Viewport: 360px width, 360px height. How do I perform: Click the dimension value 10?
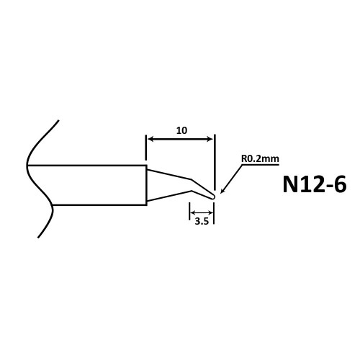click(x=181, y=130)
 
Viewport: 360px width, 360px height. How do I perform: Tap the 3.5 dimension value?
click(x=202, y=221)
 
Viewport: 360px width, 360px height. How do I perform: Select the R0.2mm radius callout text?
click(x=260, y=158)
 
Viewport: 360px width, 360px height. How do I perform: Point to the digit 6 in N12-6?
click(x=340, y=184)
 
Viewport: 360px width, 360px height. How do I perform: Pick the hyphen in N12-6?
click(x=327, y=186)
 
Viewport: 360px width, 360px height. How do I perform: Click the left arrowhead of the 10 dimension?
click(x=150, y=139)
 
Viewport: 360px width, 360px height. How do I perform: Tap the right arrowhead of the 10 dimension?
click(x=210, y=139)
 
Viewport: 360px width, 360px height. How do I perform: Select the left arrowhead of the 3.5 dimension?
click(x=193, y=212)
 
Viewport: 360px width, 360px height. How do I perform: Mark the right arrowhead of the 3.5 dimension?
click(x=210, y=212)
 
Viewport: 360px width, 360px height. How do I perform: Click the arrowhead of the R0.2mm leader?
click(x=222, y=191)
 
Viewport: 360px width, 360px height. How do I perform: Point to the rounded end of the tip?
click(x=212, y=197)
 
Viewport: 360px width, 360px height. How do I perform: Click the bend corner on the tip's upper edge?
click(x=191, y=179)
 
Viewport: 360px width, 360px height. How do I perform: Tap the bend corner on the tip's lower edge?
click(x=192, y=191)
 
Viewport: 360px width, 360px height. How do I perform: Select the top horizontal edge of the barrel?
click(x=87, y=166)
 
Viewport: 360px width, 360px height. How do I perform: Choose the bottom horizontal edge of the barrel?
click(x=99, y=205)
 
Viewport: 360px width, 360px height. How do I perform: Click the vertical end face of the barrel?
click(x=146, y=185)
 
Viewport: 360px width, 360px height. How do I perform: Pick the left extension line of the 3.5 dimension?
click(x=189, y=211)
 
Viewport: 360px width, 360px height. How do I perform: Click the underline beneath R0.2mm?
click(x=260, y=165)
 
